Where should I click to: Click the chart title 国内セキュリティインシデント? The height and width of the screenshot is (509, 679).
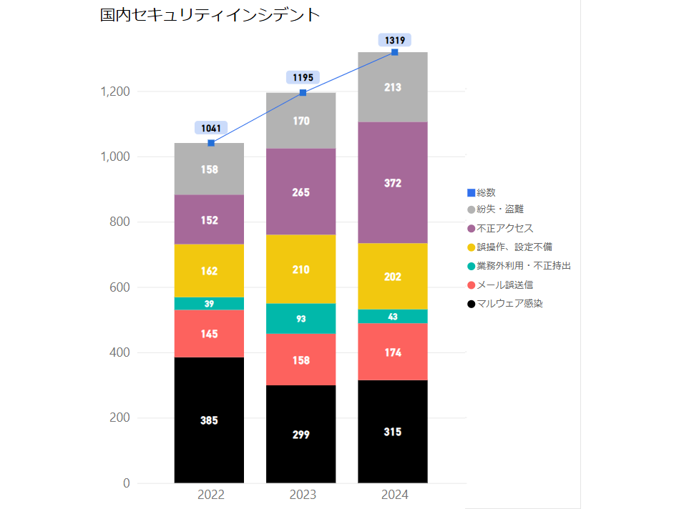tap(210, 16)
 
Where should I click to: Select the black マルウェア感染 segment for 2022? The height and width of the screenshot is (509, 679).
tap(209, 420)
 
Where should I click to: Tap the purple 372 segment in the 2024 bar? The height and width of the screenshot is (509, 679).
tap(393, 183)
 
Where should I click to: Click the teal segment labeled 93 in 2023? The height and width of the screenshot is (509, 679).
tap(301, 318)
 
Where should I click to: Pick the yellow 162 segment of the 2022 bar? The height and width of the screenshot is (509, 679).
tap(209, 271)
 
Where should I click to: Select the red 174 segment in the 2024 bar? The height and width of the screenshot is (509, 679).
tap(393, 352)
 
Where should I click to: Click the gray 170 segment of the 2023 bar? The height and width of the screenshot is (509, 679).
tap(301, 121)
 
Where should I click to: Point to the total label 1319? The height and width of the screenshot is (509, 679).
tap(395, 40)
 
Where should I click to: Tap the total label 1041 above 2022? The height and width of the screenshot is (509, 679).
tap(211, 128)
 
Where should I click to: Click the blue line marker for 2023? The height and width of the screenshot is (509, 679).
tap(303, 92)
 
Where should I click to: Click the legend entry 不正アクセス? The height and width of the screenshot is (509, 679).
tap(504, 228)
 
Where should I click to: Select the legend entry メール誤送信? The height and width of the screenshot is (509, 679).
tap(504, 285)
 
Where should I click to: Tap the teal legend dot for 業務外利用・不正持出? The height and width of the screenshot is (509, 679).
tap(471, 266)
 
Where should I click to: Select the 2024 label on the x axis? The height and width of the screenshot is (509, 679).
tap(393, 495)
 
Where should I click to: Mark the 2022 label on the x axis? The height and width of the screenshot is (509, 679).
tap(211, 495)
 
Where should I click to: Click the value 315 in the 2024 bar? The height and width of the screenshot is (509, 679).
tap(393, 432)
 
